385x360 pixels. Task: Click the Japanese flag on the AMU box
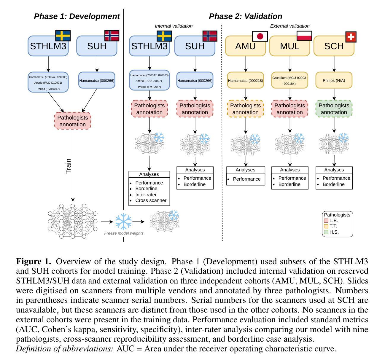point(260,36)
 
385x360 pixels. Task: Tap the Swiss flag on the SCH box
point(351,37)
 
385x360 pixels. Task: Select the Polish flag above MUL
point(304,36)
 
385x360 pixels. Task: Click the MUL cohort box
point(289,46)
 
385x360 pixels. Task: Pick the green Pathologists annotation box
point(334,109)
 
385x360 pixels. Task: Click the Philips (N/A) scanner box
point(334,80)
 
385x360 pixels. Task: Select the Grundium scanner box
point(289,80)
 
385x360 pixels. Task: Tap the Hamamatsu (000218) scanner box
point(245,80)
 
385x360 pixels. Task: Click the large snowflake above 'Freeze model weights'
point(123,222)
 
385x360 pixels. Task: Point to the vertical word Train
point(69,166)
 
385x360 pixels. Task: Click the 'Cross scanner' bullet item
point(151,200)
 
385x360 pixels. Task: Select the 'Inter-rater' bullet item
point(146,195)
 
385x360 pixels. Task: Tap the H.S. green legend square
point(326,232)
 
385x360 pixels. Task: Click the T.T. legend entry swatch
point(326,226)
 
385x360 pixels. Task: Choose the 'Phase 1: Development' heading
point(77,16)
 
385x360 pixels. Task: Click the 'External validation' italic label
point(289,26)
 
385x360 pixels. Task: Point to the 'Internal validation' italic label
point(174,26)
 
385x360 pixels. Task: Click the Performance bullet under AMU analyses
point(246,179)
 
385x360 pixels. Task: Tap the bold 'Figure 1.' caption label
point(34,262)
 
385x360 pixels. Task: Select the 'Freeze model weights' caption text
point(124,233)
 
